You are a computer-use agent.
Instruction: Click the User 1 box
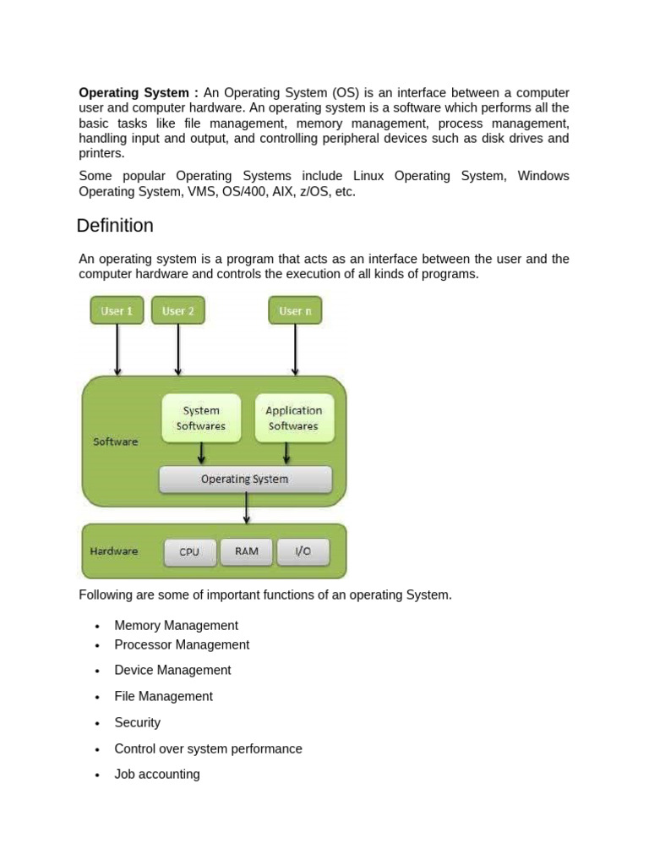tap(117, 310)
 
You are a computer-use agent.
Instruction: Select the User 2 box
tap(177, 310)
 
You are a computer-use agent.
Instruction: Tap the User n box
tap(295, 310)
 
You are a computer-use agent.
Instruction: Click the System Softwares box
tap(201, 418)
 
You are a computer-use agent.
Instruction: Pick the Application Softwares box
tap(294, 418)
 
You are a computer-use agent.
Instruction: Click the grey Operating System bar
tap(245, 479)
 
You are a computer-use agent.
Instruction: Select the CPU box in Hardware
tap(189, 551)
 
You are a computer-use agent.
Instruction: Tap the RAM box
tap(247, 551)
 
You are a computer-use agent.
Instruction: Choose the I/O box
tap(303, 551)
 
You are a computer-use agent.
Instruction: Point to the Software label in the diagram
tap(115, 441)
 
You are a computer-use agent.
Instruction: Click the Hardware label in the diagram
tap(114, 551)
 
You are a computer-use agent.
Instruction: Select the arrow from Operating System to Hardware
tap(246, 508)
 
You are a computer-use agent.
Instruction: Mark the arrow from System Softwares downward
tap(201, 454)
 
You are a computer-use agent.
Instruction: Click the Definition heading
tap(115, 226)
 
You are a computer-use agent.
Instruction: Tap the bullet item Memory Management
tap(176, 626)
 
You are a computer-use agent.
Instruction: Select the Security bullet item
tap(137, 722)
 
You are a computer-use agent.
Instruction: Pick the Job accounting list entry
tap(157, 774)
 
